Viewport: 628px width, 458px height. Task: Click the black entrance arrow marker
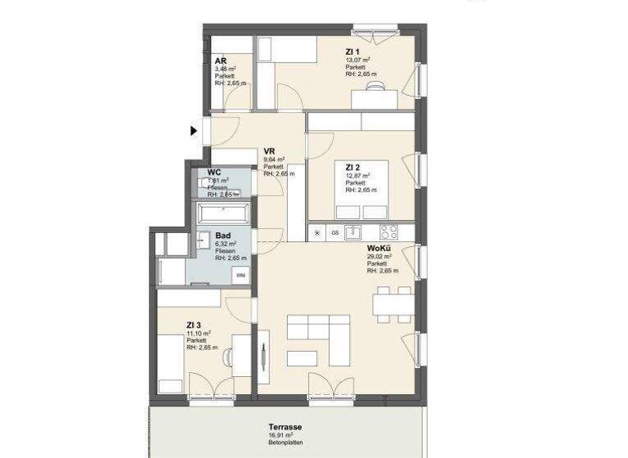coord(195,130)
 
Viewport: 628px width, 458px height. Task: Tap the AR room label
coord(221,61)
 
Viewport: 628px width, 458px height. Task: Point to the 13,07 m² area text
coord(358,60)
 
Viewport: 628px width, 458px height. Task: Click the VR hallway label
coord(268,150)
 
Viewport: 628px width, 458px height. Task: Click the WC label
coord(214,173)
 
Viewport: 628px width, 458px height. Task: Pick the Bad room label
coord(223,235)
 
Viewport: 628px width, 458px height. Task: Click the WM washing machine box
coord(241,276)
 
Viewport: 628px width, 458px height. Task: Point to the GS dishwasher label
coord(334,232)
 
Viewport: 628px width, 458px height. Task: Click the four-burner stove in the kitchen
coord(388,231)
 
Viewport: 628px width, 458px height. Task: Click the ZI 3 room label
coord(195,324)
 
